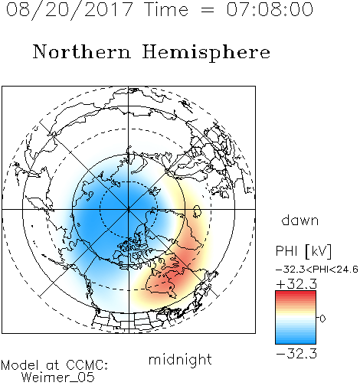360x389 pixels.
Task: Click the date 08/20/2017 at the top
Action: click(x=69, y=10)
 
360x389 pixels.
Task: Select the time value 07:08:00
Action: click(x=270, y=9)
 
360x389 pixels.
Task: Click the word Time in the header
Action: click(x=166, y=9)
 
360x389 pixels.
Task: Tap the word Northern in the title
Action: click(x=82, y=51)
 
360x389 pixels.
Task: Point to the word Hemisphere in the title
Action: click(x=206, y=53)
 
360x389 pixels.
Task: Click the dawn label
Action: click(x=300, y=221)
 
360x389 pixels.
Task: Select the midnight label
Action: click(x=180, y=359)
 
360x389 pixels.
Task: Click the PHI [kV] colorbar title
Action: click(x=304, y=251)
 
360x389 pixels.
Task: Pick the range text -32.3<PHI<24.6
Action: click(x=317, y=270)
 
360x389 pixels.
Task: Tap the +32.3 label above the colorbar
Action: click(x=296, y=284)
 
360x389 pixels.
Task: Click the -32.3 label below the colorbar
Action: click(x=296, y=354)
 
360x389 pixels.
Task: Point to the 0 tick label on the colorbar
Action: click(x=322, y=319)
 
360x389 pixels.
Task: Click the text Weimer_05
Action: click(x=57, y=378)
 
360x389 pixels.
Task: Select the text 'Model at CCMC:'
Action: click(x=54, y=365)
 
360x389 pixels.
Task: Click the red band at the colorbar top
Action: click(x=296, y=293)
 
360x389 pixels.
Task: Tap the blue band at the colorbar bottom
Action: click(x=296, y=341)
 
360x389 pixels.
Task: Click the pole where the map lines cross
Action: click(x=129, y=209)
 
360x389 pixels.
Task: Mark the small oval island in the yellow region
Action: click(x=197, y=211)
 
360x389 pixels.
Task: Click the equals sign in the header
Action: click(x=208, y=10)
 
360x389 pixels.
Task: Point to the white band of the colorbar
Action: click(x=296, y=318)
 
